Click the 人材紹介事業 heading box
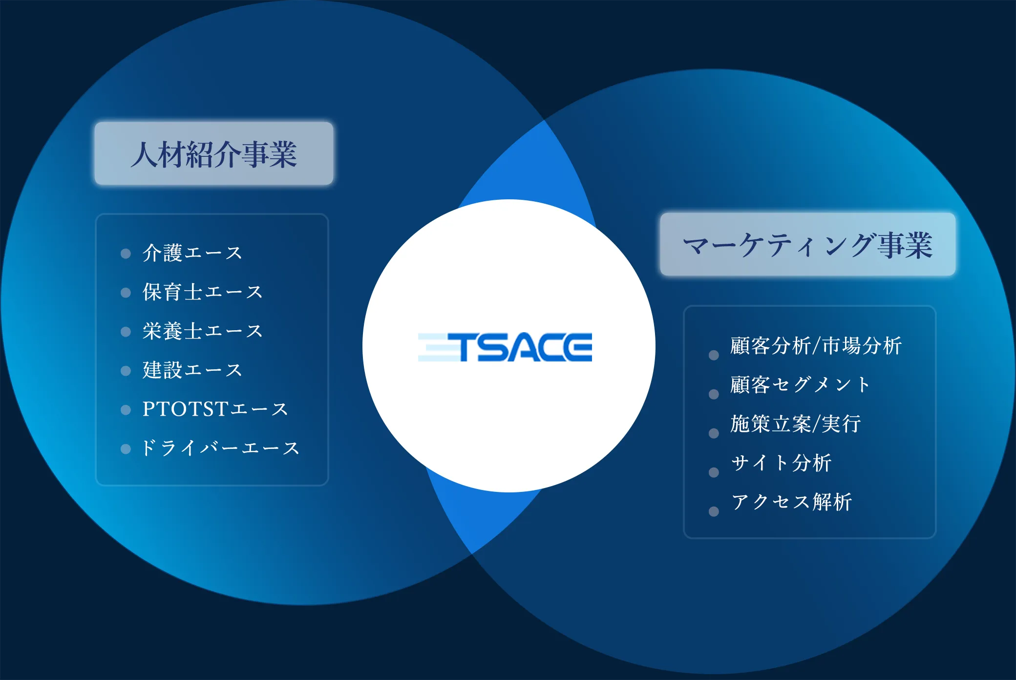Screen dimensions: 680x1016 [x=214, y=153]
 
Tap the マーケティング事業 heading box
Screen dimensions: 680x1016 [x=807, y=244]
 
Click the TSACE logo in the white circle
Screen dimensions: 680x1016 [x=506, y=347]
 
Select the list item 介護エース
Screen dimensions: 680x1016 [x=192, y=253]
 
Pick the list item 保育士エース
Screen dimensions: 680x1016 [x=203, y=292]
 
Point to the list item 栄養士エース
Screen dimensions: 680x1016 [x=203, y=331]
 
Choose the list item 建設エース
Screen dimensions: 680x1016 [x=192, y=370]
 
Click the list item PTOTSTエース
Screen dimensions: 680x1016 [x=215, y=409]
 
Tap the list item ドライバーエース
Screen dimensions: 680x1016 [x=220, y=448]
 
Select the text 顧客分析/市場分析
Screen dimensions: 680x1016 [x=816, y=346]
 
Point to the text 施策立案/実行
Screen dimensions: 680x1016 [x=796, y=424]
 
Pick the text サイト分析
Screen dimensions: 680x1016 [x=781, y=463]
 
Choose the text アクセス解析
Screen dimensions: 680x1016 [x=792, y=502]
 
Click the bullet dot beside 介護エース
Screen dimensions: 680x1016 [x=126, y=254]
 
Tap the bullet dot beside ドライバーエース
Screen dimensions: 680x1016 [x=126, y=449]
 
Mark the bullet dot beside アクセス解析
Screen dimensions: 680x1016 [x=714, y=511]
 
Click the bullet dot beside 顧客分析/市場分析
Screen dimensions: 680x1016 [x=714, y=355]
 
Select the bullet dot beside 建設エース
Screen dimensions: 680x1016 [x=126, y=371]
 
